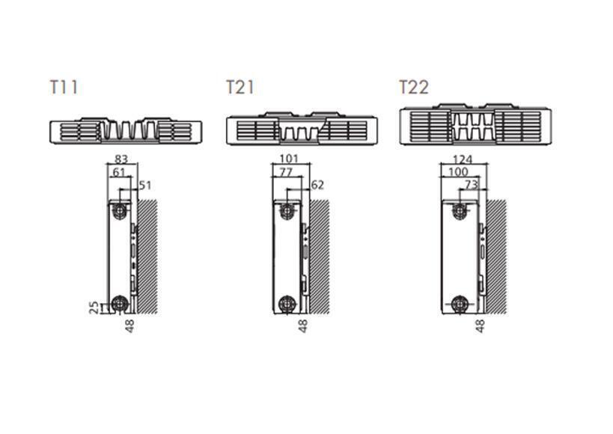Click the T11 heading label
click(x=64, y=88)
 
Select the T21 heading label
click(x=240, y=88)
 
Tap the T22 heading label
click(x=414, y=88)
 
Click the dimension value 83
click(x=121, y=159)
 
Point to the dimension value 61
click(x=119, y=172)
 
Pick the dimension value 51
click(x=145, y=185)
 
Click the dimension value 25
click(x=94, y=308)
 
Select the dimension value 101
click(x=289, y=159)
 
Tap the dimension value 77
click(x=286, y=172)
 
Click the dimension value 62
click(x=317, y=185)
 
